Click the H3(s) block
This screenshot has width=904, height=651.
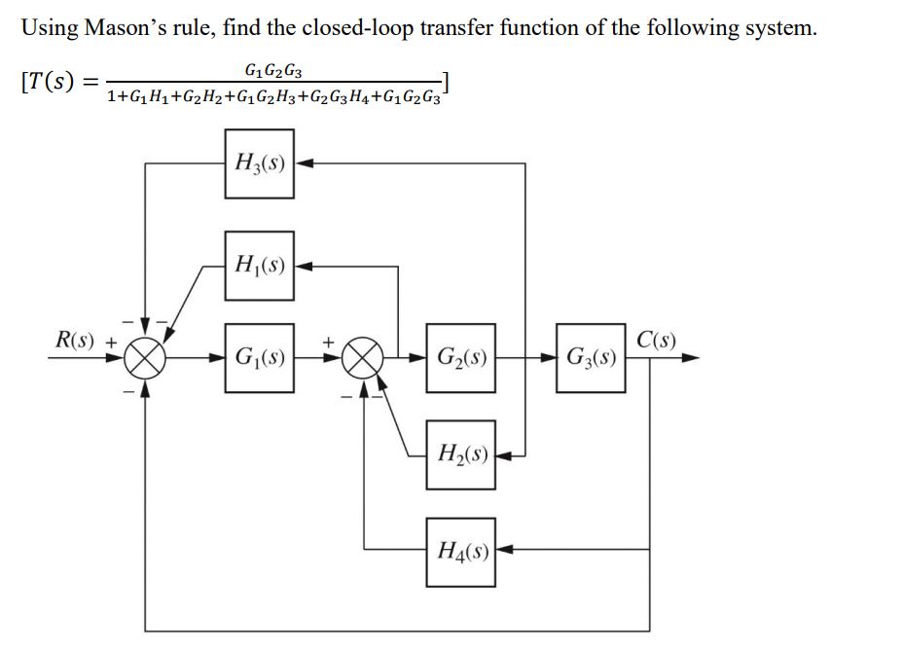(x=260, y=163)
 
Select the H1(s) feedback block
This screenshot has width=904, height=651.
(x=260, y=265)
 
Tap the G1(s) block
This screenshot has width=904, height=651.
(x=260, y=357)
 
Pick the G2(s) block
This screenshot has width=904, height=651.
(x=460, y=357)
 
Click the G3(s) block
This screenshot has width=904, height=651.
(x=591, y=357)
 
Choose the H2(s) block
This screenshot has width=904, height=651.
(x=460, y=453)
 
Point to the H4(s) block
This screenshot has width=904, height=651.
(x=460, y=551)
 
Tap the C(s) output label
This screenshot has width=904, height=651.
(x=658, y=341)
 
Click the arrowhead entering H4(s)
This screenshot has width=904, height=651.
(x=504, y=551)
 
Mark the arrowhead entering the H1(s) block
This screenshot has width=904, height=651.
(x=303, y=265)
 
